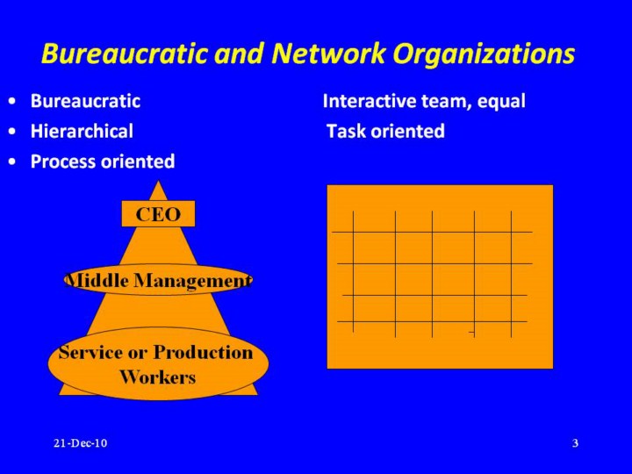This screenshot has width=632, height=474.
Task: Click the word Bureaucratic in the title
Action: click(x=126, y=54)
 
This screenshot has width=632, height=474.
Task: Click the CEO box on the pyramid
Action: click(x=158, y=213)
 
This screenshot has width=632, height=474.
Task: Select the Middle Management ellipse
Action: click(x=158, y=280)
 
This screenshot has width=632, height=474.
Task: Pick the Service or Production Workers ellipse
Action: click(x=158, y=363)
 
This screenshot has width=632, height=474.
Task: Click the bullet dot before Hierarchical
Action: click(x=13, y=132)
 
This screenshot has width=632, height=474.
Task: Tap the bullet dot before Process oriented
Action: click(x=13, y=162)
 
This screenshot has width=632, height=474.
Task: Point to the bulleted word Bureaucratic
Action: click(x=85, y=101)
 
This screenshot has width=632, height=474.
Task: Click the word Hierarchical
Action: click(x=82, y=131)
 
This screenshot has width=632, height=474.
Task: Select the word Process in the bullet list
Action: click(x=63, y=162)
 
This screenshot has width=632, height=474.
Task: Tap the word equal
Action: click(x=501, y=102)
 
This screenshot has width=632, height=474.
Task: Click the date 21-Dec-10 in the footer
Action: click(x=81, y=443)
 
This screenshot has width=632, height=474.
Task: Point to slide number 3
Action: click(x=575, y=443)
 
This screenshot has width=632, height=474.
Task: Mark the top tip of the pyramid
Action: click(x=158, y=181)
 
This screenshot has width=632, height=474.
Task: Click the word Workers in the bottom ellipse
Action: click(x=158, y=377)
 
